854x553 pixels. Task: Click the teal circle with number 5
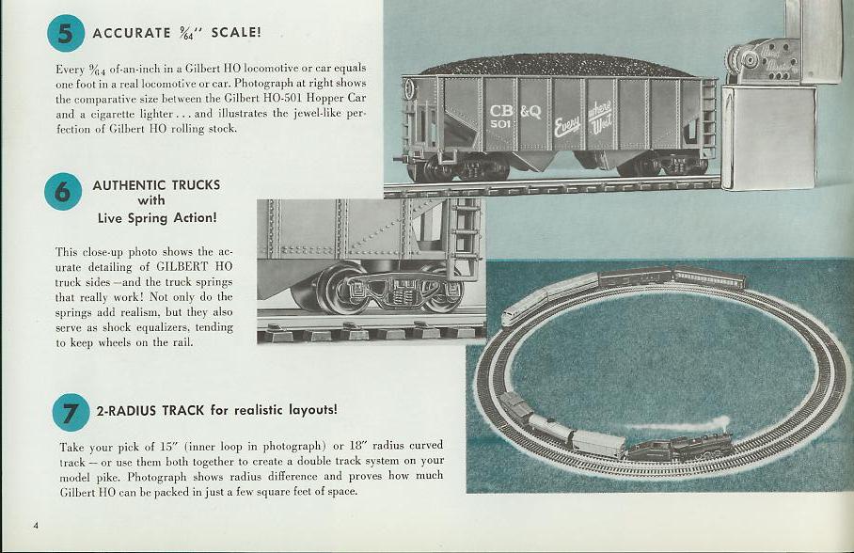click(66, 33)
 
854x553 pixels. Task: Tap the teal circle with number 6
click(63, 191)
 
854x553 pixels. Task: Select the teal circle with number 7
click(71, 413)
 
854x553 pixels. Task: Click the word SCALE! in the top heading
click(236, 32)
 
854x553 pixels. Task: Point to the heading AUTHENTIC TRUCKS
click(156, 185)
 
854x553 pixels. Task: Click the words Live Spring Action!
click(157, 218)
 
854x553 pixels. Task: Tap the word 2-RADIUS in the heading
click(126, 410)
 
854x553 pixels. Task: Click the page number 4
click(36, 526)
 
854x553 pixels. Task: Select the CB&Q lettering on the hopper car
click(515, 112)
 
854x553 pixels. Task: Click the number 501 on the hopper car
click(500, 124)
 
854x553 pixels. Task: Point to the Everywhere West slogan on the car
click(583, 118)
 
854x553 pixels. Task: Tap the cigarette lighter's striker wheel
click(746, 59)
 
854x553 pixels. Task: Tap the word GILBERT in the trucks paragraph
click(182, 267)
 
